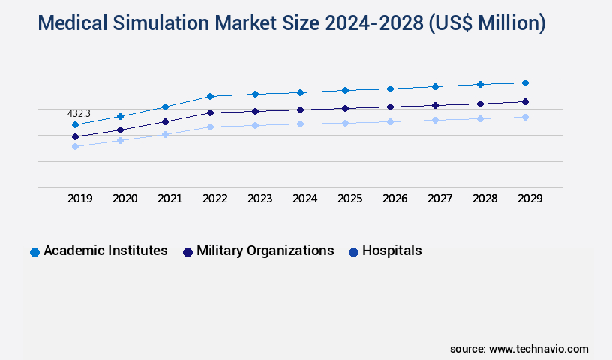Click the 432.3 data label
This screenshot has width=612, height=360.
79,113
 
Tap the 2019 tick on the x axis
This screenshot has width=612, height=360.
80,199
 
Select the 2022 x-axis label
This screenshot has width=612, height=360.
214,199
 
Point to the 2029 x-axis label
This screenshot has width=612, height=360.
529,199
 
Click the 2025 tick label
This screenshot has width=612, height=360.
349,199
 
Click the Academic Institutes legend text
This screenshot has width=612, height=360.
106,250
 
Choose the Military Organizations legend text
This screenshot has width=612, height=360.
265,250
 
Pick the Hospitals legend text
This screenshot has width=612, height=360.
391,250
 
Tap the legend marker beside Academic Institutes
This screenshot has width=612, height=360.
34,252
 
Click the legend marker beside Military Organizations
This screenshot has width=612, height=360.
187,252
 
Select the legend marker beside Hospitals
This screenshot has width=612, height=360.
353,252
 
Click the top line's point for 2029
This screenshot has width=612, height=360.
525,82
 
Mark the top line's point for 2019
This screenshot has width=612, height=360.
75,124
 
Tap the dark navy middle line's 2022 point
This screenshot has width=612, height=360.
210,112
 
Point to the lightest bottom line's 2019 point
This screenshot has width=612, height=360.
75,146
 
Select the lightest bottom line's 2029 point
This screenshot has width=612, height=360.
525,117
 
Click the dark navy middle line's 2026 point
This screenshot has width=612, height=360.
390,106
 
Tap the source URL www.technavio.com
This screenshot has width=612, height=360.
538,349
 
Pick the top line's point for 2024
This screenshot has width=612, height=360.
300,92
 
